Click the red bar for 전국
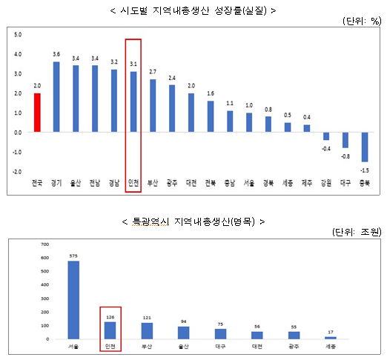tap(37, 113)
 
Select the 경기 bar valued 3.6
tap(56, 97)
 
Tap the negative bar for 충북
tap(364, 147)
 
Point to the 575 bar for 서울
tap(73, 300)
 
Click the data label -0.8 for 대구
tap(345, 156)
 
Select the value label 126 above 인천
tap(110, 313)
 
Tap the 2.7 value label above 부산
tap(152, 72)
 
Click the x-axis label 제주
tap(306, 183)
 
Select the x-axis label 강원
tap(325, 183)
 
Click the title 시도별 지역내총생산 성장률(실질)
tap(191, 10)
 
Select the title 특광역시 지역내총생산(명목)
tap(191, 221)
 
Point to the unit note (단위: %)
tap(361, 21)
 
